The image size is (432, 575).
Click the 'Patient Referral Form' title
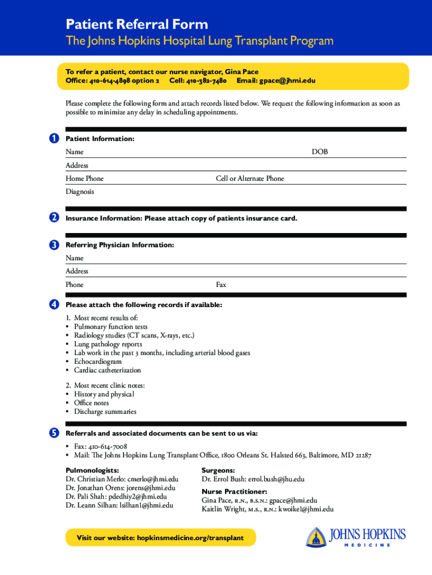(137, 24)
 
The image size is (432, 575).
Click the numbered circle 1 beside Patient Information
(53, 139)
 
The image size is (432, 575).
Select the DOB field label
(320, 152)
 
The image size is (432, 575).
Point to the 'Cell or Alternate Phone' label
(250, 179)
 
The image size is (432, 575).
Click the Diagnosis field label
(80, 191)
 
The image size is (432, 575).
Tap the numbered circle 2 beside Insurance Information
(53, 218)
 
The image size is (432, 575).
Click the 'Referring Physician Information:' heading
(120, 245)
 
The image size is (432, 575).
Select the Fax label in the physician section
(221, 285)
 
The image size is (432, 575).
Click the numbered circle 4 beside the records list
(53, 304)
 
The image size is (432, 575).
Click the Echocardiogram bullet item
(98, 362)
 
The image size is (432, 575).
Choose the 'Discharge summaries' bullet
(105, 412)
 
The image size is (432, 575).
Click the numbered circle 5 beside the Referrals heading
(53, 433)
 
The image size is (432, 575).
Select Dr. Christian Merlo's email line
(122, 479)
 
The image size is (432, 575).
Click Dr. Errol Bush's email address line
(253, 479)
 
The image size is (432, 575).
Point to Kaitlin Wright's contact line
(268, 509)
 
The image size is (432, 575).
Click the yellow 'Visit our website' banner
(160, 538)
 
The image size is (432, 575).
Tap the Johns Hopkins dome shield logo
(316, 537)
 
